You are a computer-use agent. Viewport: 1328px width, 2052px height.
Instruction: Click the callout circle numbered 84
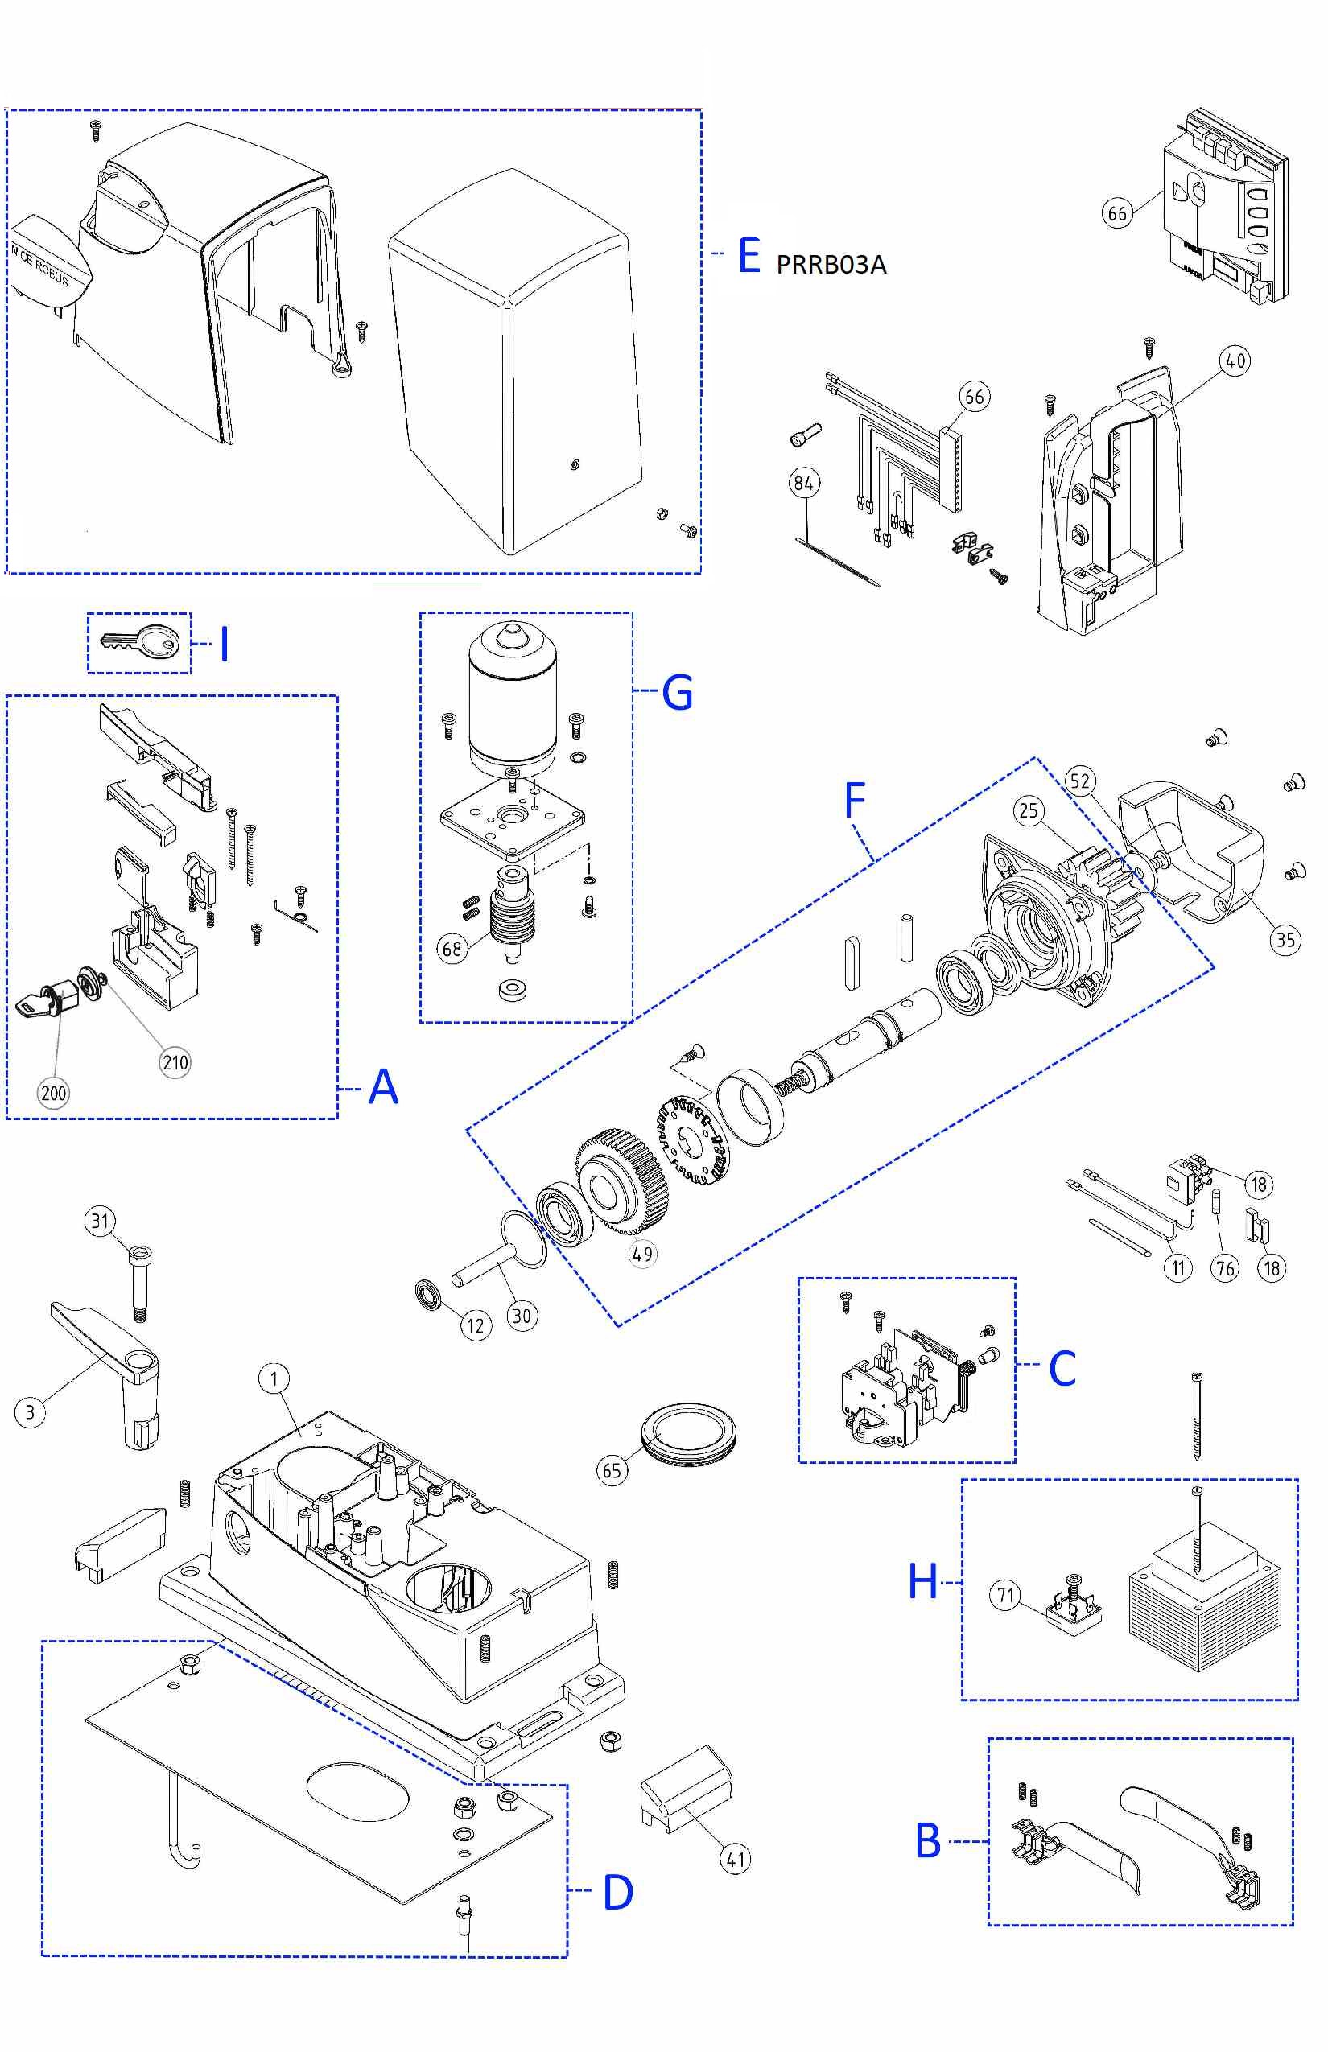point(804,483)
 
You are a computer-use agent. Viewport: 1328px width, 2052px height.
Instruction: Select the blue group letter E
point(749,256)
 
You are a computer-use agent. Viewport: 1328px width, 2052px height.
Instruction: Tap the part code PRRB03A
point(831,264)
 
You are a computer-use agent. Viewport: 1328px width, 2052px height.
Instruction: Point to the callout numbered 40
point(1235,361)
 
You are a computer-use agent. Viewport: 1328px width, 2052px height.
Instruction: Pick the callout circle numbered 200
point(53,1094)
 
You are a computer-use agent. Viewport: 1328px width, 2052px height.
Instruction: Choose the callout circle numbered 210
point(175,1062)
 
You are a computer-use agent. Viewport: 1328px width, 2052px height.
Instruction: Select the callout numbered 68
point(452,950)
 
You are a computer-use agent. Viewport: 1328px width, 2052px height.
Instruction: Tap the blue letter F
point(854,801)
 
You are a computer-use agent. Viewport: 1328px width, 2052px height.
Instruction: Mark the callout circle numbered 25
point(1029,810)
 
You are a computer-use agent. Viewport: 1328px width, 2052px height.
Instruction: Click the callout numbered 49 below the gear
point(642,1254)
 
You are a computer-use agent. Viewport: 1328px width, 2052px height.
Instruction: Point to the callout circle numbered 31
point(100,1221)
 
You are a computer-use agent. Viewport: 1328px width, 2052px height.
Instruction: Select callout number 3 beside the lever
point(31,1412)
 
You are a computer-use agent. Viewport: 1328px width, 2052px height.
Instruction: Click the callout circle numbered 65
point(612,1470)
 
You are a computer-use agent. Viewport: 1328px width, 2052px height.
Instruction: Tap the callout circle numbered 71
point(1005,1594)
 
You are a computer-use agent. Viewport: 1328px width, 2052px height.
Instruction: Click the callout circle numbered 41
point(735,1859)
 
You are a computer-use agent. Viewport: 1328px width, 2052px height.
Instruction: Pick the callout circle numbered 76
point(1225,1267)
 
